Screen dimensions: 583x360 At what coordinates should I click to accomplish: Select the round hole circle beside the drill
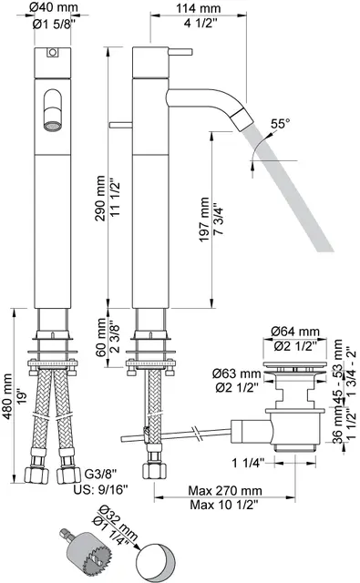click(155, 552)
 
